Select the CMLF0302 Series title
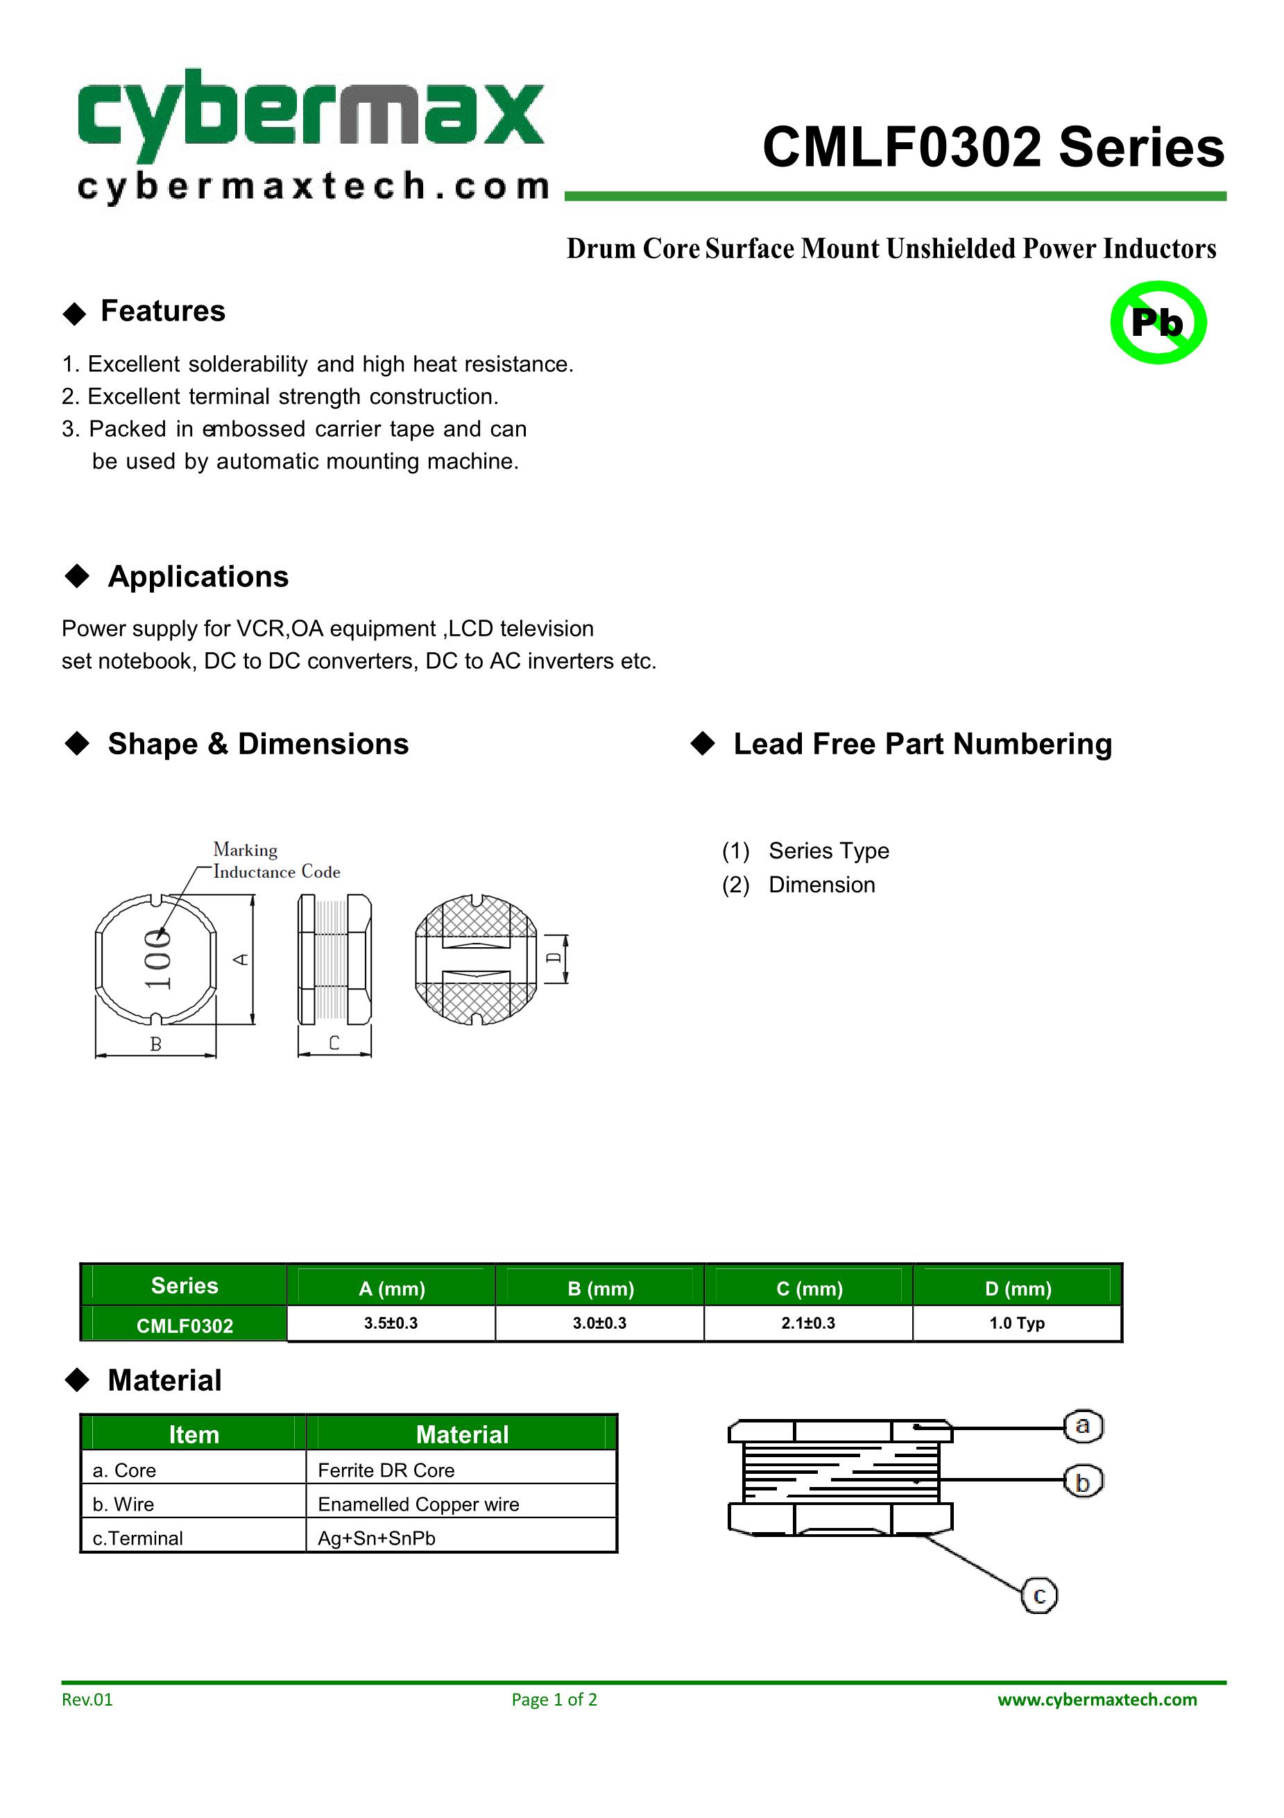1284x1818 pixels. [x=993, y=148]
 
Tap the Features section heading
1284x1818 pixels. [x=162, y=311]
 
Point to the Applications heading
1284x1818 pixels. [x=198, y=577]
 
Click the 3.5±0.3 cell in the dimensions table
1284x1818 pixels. [x=391, y=1323]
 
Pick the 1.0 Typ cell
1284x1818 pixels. [x=1016, y=1323]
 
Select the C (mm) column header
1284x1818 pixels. [x=809, y=1289]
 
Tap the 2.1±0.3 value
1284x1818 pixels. [x=808, y=1323]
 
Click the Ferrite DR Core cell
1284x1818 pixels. [x=386, y=1470]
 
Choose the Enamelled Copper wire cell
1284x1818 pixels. [x=418, y=1504]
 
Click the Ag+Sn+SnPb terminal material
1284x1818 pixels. [x=377, y=1538]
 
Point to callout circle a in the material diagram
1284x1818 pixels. [x=1082, y=1426]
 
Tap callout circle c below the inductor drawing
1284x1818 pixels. [x=1039, y=1595]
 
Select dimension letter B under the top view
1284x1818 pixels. [x=156, y=1044]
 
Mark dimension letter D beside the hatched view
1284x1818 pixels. [x=555, y=958]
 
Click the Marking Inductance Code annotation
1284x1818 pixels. [x=275, y=860]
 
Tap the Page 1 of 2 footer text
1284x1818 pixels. [x=554, y=1699]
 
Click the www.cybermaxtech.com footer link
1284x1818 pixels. [x=1097, y=1699]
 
